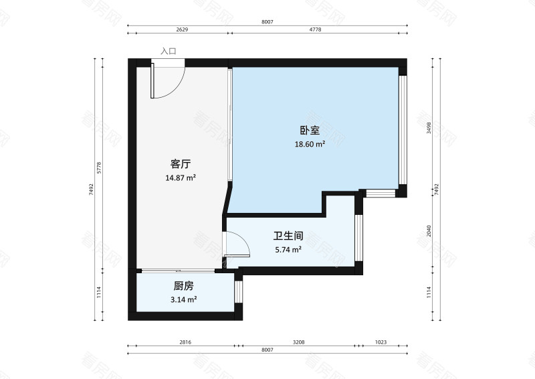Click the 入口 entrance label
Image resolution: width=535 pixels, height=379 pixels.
(168, 51)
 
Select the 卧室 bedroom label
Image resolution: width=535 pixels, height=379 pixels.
(310, 131)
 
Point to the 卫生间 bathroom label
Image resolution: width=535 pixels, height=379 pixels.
(288, 236)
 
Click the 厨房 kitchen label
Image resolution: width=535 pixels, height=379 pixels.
(183, 286)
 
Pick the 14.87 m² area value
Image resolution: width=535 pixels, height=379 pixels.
(181, 178)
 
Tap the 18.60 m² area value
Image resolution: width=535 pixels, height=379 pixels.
(310, 144)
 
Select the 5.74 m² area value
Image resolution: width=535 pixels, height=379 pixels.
(288, 250)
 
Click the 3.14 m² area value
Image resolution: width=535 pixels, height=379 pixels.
(183, 299)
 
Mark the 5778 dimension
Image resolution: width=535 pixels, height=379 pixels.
(99, 167)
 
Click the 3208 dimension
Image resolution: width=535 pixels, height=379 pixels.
(298, 342)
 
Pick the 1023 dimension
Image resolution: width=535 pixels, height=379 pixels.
(381, 342)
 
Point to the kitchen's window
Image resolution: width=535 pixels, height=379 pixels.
(238, 292)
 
